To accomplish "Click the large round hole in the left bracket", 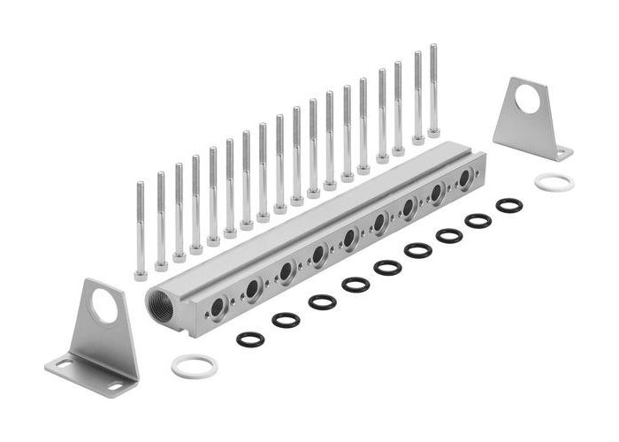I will (105, 310).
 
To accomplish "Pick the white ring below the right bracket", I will (554, 182).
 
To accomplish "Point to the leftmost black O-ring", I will (251, 339).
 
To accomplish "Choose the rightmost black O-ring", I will (508, 205).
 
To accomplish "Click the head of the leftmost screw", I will (141, 274).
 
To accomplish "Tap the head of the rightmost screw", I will (433, 133).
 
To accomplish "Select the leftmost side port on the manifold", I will (218, 307).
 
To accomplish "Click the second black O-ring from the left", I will (286, 320).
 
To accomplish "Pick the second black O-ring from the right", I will (478, 221).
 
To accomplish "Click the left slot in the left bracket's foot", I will (65, 362).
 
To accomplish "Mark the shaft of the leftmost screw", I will (141, 225).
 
